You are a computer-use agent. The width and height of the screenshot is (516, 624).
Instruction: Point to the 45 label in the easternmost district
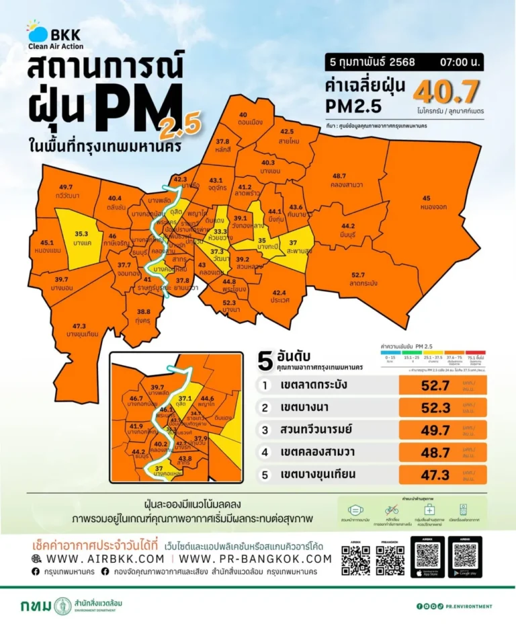(x=426, y=198)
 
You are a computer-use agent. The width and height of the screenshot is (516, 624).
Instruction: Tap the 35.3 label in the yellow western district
(x=82, y=233)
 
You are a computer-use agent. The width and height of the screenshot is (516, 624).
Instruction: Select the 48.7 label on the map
(x=339, y=175)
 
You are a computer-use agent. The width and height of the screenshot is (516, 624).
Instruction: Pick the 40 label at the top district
(x=243, y=115)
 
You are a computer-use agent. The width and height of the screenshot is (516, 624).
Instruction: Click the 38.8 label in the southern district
(x=142, y=312)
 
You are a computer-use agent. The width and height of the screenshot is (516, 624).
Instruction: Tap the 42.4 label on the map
(x=279, y=293)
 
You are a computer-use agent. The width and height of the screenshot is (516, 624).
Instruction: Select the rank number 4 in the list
(x=265, y=452)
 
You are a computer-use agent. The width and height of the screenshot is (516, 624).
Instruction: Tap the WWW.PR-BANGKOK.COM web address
(x=255, y=559)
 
